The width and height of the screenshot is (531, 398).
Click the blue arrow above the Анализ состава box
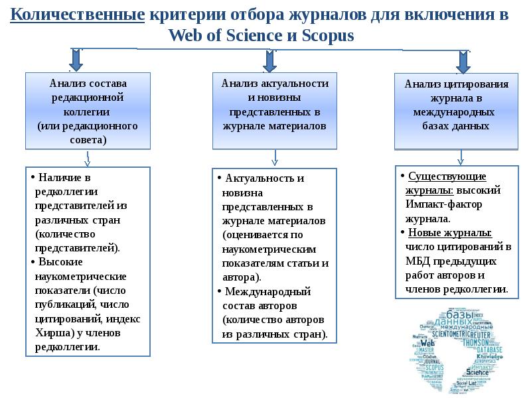pos(76,59)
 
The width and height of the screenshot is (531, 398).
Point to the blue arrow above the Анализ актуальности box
pos(269,60)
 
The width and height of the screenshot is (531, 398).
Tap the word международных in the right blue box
pos(456,111)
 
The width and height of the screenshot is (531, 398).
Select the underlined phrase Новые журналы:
pos(449,233)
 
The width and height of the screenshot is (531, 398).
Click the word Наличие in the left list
pos(58,178)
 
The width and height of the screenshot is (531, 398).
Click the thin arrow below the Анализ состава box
pos(88,159)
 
